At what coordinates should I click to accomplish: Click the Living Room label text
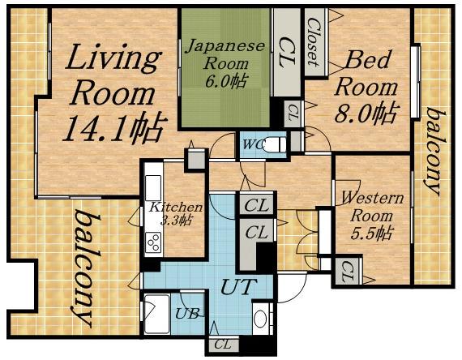click(x=113, y=75)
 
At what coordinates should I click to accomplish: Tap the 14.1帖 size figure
click(x=114, y=127)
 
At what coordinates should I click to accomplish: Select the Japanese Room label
click(x=225, y=55)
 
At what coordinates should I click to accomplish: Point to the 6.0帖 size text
click(x=225, y=80)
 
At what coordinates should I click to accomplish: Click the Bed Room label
click(x=366, y=74)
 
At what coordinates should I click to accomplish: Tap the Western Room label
click(x=372, y=208)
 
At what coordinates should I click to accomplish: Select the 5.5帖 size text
click(x=371, y=234)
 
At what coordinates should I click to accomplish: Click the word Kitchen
click(x=176, y=208)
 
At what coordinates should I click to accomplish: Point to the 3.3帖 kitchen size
click(x=176, y=220)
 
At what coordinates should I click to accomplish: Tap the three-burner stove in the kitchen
click(x=154, y=242)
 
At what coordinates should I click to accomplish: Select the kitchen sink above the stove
click(x=153, y=188)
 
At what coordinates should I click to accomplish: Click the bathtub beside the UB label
click(x=156, y=314)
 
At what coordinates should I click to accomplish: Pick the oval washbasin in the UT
click(x=260, y=319)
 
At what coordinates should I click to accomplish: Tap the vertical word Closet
click(x=314, y=42)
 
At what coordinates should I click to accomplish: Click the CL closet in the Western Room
click(x=348, y=272)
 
